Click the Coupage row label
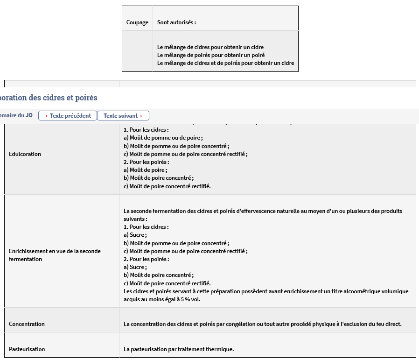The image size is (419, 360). pyautogui.click(x=137, y=22)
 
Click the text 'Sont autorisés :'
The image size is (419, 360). pyautogui.click(x=176, y=22)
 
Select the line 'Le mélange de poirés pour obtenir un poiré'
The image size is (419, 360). pyautogui.click(x=211, y=55)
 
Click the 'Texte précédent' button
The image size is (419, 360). pyautogui.click(x=68, y=116)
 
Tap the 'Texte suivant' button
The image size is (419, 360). pyautogui.click(x=123, y=116)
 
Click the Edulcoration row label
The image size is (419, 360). pyautogui.click(x=25, y=154)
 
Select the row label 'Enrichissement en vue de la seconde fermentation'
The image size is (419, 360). pyautogui.click(x=55, y=255)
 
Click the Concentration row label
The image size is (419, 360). pyautogui.click(x=27, y=324)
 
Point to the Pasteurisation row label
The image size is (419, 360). pyautogui.click(x=27, y=349)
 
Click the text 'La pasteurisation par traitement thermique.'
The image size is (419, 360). pyautogui.click(x=179, y=349)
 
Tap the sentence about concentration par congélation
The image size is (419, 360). pyautogui.click(x=262, y=324)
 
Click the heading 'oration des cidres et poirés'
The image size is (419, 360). pyautogui.click(x=49, y=98)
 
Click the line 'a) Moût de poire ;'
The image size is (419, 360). pyautogui.click(x=145, y=170)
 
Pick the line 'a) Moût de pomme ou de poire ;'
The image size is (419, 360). pyautogui.click(x=163, y=138)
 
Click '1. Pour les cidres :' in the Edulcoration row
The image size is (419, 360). pyautogui.click(x=146, y=130)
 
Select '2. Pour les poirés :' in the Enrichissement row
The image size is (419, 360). pyautogui.click(x=146, y=259)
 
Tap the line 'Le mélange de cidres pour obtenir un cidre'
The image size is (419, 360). pyautogui.click(x=210, y=47)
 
